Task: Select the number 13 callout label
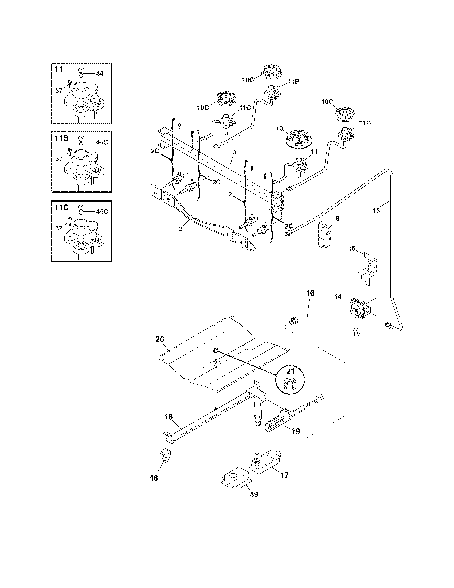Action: tap(377, 211)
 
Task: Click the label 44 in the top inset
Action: tap(100, 73)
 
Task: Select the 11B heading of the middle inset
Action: tap(62, 138)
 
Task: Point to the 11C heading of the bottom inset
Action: tap(62, 207)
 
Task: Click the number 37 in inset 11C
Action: tap(59, 228)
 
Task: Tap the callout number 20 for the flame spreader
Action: tap(160, 339)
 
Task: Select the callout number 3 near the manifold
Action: tap(181, 229)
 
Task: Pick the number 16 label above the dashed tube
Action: tap(310, 293)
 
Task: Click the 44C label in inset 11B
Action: tap(102, 142)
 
